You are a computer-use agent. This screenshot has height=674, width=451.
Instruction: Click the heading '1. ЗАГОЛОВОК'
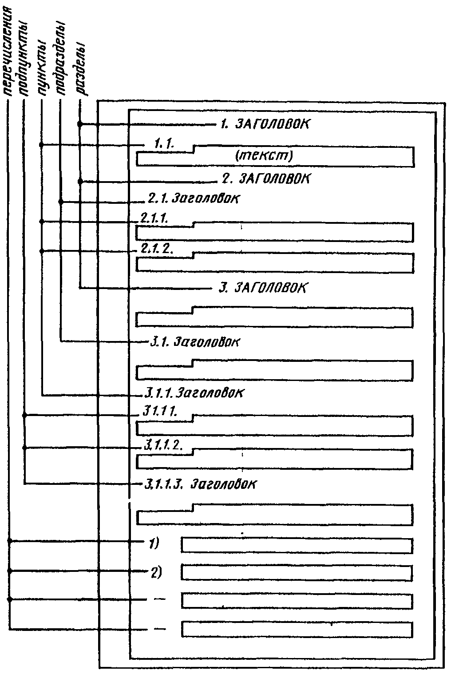pyautogui.click(x=264, y=123)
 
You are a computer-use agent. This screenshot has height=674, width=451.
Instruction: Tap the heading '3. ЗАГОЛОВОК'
pyautogui.click(x=262, y=287)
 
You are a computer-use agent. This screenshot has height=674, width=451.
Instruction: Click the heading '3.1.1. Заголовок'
pyautogui.click(x=194, y=393)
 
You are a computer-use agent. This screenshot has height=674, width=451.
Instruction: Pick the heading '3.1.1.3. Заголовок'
pyautogui.click(x=200, y=484)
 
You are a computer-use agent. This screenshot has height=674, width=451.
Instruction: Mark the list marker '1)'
pyautogui.click(x=153, y=543)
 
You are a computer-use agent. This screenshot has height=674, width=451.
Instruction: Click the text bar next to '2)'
pyautogui.click(x=297, y=573)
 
